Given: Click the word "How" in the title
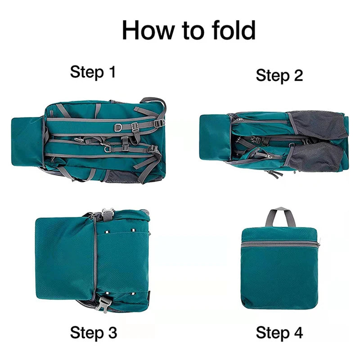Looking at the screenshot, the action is (148, 30).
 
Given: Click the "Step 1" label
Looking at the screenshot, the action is (93, 72).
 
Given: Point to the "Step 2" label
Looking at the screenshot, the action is (279, 75).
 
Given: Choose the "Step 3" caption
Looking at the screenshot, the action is (94, 333).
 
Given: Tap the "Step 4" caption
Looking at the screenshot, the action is (279, 333).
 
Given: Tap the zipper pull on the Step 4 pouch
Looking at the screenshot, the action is (319, 243).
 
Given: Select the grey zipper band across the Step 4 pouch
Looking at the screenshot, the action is (279, 243).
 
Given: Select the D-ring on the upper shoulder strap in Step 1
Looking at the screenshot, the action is (118, 127).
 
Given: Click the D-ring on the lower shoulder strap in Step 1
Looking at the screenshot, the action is (107, 149).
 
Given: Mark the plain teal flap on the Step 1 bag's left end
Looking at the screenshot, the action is (27, 141).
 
